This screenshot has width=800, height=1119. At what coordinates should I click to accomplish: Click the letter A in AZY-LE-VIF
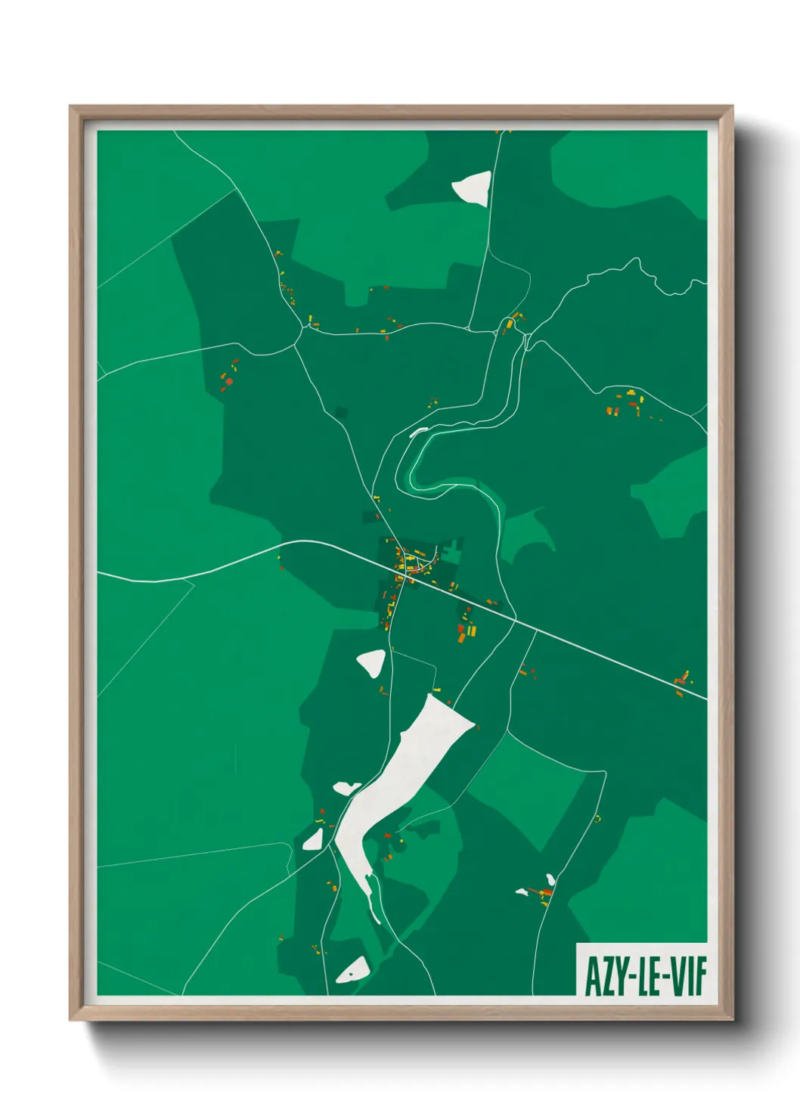pos(593,976)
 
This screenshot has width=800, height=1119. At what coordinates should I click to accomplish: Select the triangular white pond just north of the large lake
pos(372,662)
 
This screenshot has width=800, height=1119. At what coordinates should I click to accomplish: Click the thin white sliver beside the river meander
pos(418,432)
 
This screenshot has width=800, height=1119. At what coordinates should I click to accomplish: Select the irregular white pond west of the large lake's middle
pos(347,788)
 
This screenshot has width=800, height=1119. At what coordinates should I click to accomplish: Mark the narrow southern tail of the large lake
pos(372,900)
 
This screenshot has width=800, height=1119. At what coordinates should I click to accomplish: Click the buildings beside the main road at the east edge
pos(682,682)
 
